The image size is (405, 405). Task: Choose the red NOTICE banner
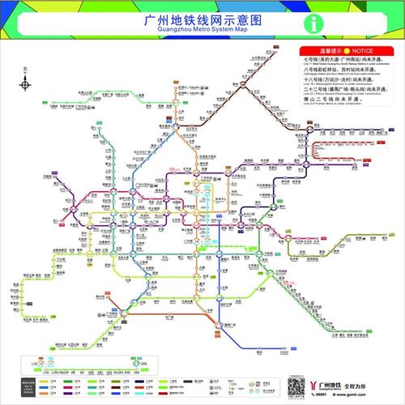coord(337,50)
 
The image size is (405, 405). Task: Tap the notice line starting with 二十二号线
coord(341,93)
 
